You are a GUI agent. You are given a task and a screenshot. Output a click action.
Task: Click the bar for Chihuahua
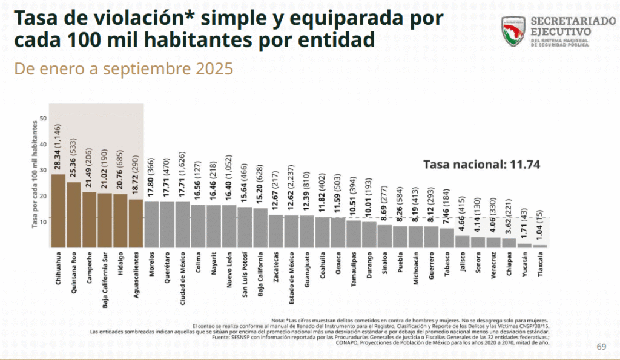point(58,211)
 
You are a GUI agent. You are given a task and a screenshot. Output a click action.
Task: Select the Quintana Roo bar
point(74,215)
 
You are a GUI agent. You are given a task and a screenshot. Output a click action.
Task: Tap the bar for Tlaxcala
point(542,246)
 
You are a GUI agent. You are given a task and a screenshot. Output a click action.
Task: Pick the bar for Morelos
point(151,224)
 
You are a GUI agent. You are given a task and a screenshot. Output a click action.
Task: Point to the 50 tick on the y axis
point(43,118)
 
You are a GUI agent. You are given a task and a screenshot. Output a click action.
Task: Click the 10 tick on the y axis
point(43,221)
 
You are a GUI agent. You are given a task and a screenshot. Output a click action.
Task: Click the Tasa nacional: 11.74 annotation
point(481,164)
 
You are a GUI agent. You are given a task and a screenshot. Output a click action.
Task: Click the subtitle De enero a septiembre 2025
point(124,69)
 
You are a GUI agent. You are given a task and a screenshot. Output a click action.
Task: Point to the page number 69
point(601,346)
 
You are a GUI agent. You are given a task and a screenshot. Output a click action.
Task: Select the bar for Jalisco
point(463,241)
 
